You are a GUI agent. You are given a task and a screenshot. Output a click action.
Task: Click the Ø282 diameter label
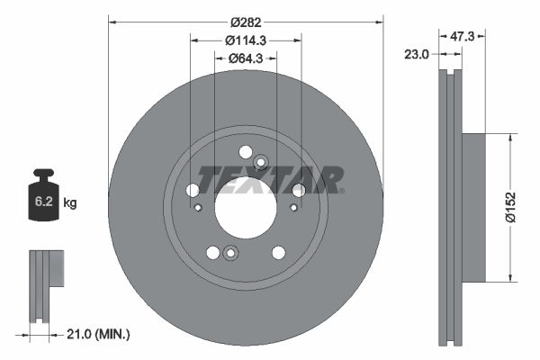click(x=245, y=21)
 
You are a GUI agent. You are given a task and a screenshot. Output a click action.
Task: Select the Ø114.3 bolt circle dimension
click(x=245, y=40)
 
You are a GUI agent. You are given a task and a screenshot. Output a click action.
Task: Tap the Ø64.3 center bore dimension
click(x=245, y=59)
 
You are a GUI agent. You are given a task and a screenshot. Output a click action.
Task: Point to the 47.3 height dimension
click(x=462, y=36)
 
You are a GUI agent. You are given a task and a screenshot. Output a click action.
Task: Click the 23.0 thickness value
click(x=417, y=54)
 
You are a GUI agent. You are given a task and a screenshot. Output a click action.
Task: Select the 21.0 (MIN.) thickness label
click(x=99, y=334)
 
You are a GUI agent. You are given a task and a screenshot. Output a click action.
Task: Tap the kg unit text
click(x=70, y=202)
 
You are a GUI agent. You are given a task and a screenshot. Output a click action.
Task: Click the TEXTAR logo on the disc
click(x=270, y=180)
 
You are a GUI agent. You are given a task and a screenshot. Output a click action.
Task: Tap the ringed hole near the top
click(x=261, y=162)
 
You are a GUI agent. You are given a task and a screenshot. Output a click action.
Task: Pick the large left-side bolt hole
click(x=193, y=190)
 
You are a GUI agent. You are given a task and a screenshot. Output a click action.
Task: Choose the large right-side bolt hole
click(x=298, y=189)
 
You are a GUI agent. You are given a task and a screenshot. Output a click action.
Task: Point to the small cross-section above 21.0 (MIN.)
click(x=47, y=270)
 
